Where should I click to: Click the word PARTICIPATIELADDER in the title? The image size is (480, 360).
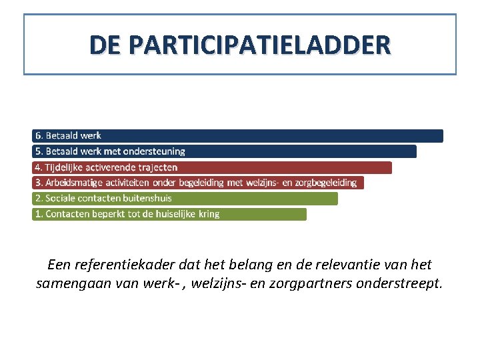260,45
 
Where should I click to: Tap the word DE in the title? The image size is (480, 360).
106,45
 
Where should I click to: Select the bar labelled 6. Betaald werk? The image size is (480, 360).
237,136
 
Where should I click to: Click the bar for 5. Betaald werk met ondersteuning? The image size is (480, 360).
224,151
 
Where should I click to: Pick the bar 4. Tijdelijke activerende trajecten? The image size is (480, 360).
212,167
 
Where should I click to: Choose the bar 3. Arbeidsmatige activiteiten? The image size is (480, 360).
198,183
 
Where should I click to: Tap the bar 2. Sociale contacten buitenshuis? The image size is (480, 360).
185,198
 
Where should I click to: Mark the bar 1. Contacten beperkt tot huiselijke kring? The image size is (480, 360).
169,214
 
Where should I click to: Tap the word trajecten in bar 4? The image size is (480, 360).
158,167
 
